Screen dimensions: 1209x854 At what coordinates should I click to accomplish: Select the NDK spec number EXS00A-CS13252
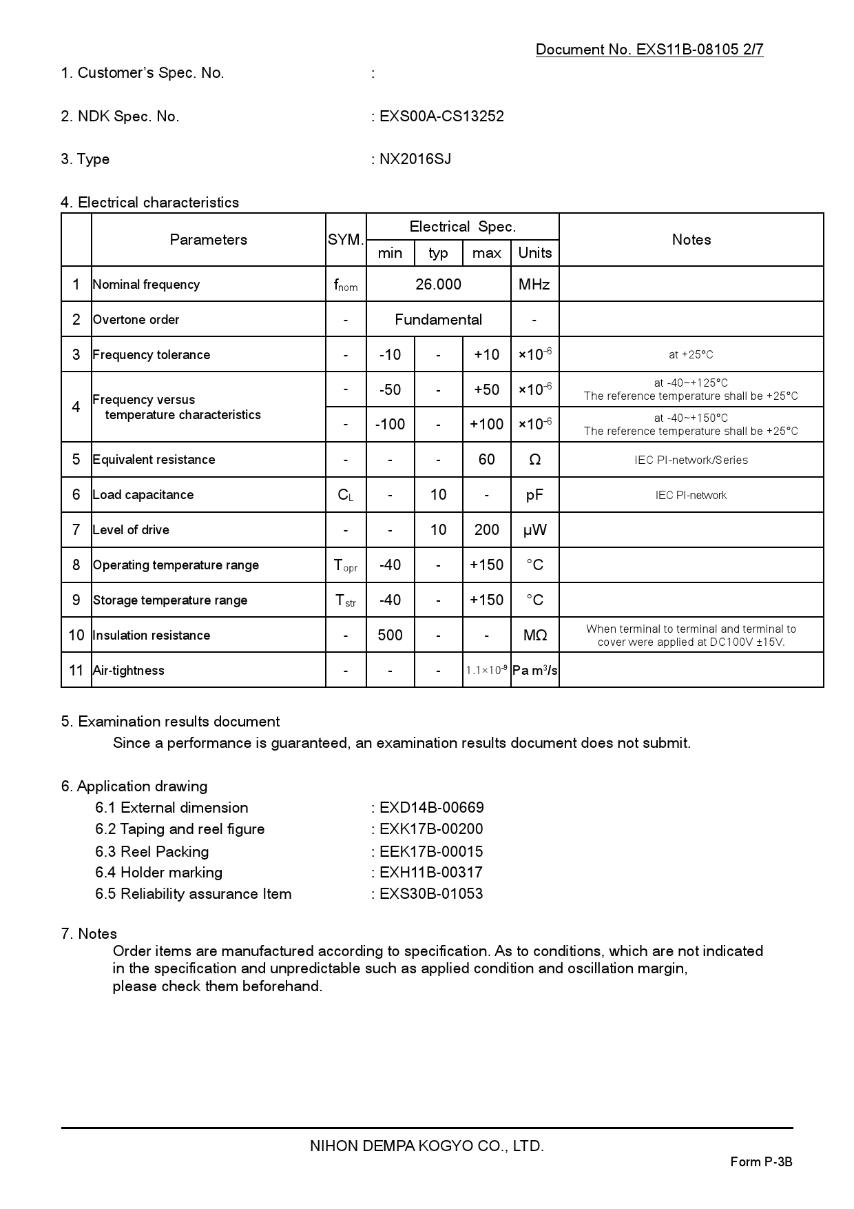[441, 116]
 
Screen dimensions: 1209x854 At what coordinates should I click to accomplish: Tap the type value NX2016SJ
[415, 159]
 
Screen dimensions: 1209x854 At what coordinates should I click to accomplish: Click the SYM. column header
[346, 240]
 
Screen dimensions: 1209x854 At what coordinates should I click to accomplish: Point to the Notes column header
[691, 240]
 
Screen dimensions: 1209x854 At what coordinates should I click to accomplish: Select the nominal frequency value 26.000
[438, 284]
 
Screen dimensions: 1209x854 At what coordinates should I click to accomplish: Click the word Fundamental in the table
[438, 319]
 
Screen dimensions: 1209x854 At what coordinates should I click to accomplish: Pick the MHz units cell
[534, 284]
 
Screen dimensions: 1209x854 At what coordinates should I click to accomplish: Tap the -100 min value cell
[390, 425]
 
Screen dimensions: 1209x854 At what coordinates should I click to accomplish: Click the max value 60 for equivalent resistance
[486, 460]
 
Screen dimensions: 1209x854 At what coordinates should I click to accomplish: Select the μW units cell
[534, 530]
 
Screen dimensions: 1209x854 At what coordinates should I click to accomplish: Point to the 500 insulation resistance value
[390, 636]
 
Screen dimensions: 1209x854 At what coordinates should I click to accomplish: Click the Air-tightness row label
[129, 671]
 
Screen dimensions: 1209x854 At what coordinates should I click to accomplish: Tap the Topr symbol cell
[346, 565]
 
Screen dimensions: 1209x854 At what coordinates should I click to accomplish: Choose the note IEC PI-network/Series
[691, 460]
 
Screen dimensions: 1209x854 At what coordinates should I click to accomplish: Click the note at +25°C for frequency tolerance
[691, 354]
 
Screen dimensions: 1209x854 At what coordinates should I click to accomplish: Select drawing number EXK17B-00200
[431, 829]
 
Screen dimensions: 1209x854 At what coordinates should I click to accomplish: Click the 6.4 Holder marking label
[159, 873]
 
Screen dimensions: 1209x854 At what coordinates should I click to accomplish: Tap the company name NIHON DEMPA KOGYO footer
[427, 1146]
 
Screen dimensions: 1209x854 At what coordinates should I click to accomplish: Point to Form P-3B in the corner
[761, 1162]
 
